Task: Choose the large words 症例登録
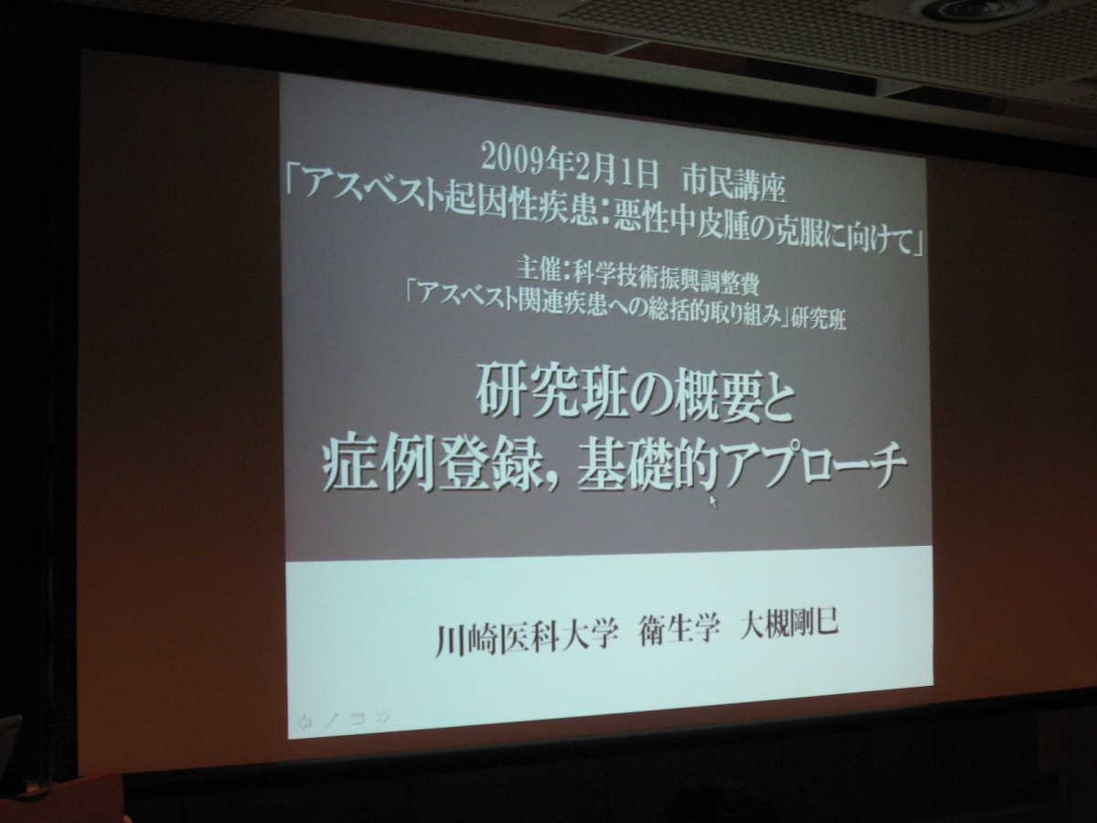coord(432,465)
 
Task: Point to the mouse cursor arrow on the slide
coord(713,501)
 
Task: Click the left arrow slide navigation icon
coord(304,721)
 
